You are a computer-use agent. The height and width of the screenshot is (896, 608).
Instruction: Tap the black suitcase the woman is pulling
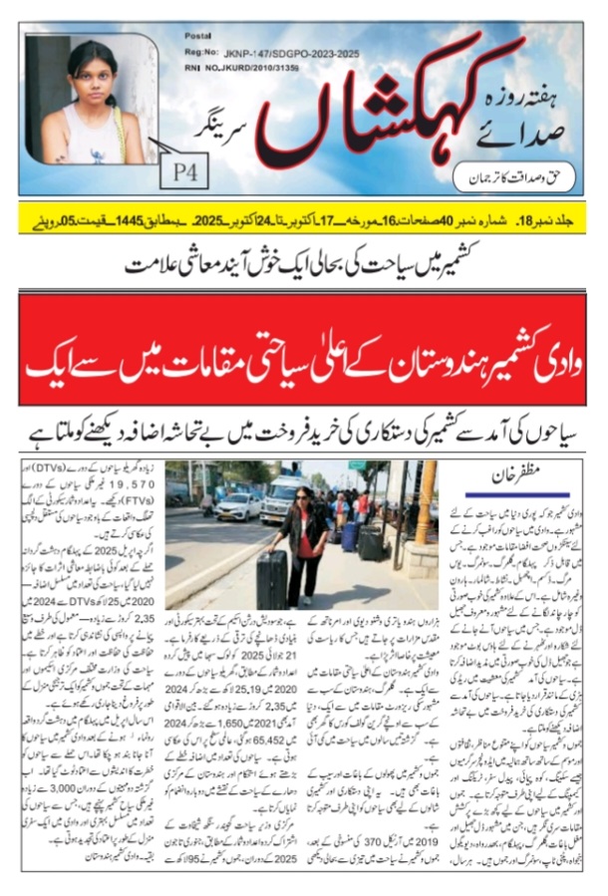(x=271, y=577)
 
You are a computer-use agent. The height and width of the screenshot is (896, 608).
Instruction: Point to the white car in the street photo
(x=237, y=506)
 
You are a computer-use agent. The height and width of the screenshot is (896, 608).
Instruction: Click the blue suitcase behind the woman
(x=348, y=536)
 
